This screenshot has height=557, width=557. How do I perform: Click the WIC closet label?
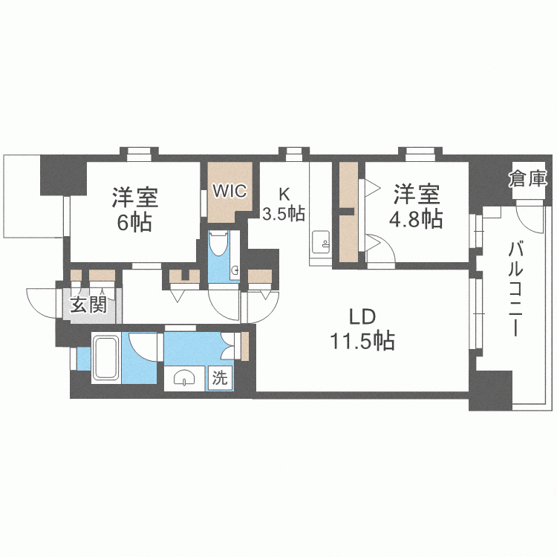pyautogui.click(x=229, y=191)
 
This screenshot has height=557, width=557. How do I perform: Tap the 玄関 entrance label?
pyautogui.click(x=89, y=304)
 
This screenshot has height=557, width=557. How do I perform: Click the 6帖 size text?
pyautogui.click(x=134, y=222)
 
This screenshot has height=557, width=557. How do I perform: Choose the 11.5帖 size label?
pyautogui.click(x=362, y=341)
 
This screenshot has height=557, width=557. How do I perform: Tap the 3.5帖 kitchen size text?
pyautogui.click(x=284, y=213)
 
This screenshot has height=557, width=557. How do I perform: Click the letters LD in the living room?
pyautogui.click(x=362, y=317)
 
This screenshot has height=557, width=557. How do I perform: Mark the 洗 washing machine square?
pyautogui.click(x=220, y=378)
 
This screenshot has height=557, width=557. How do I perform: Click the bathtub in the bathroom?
pyautogui.click(x=106, y=358)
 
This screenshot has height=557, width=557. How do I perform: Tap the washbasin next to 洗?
pyautogui.click(x=184, y=378)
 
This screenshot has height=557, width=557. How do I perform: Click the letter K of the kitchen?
pyautogui.click(x=284, y=194)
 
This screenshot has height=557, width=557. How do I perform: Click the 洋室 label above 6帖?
pyautogui.click(x=135, y=198)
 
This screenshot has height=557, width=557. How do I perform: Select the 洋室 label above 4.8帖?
pyautogui.click(x=417, y=194)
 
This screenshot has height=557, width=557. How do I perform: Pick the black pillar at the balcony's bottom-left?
pyautogui.click(x=491, y=391)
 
